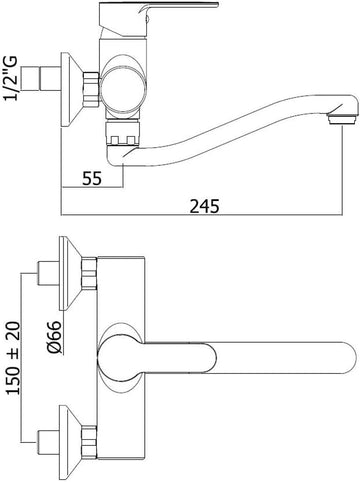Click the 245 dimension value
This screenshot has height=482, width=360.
(205, 206)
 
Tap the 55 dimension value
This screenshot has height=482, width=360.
(92, 179)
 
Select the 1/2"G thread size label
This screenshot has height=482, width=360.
(10, 79)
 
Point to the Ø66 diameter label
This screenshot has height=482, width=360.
(55, 337)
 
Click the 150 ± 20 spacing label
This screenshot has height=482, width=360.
(13, 358)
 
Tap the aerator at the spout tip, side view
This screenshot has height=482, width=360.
(342, 119)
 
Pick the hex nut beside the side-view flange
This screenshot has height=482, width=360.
(91, 90)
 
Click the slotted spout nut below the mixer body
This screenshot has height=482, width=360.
(122, 134)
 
